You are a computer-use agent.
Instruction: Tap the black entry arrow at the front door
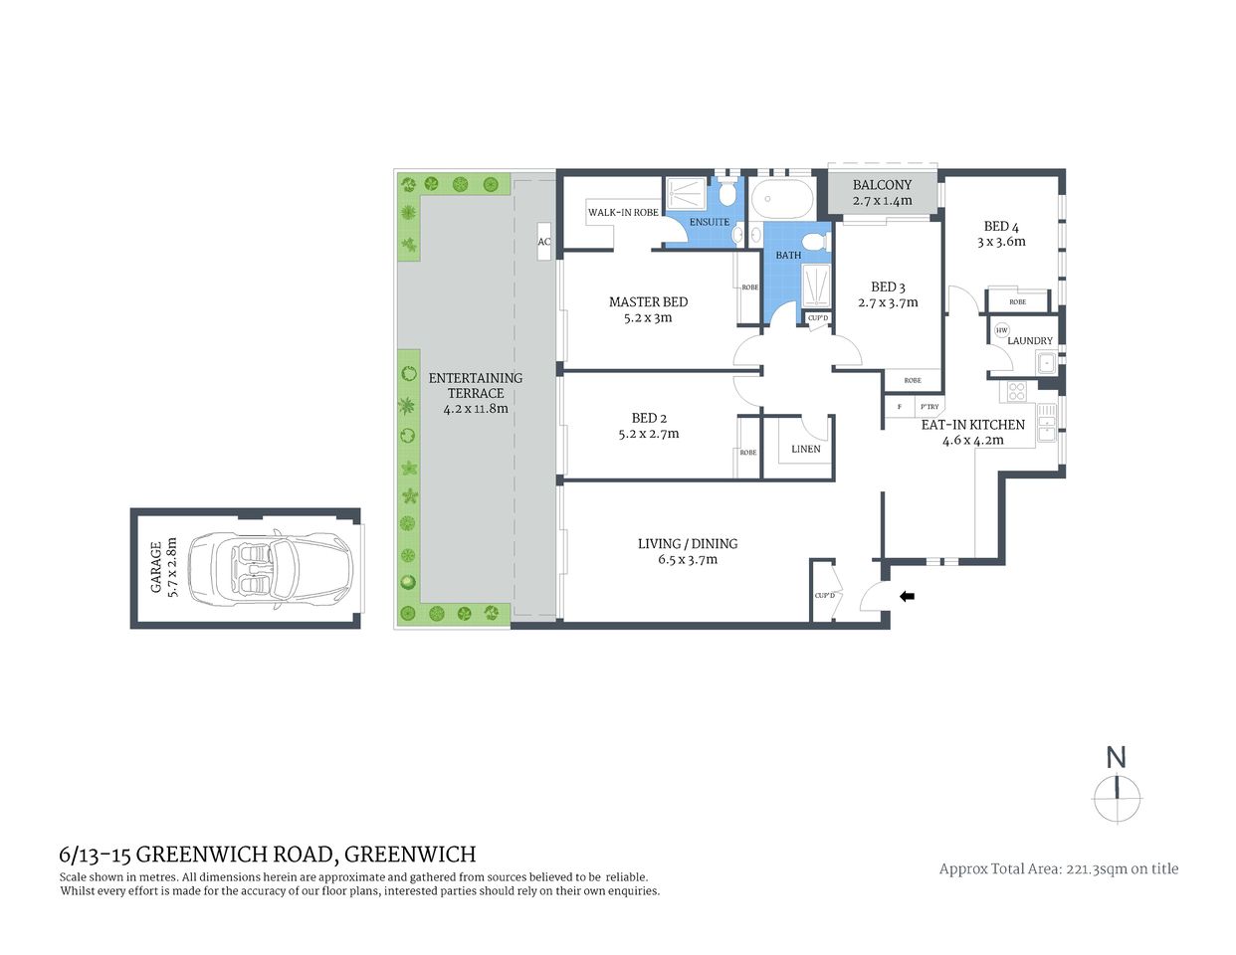click(907, 596)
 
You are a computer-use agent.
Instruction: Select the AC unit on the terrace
click(544, 242)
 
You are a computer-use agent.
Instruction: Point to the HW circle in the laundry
click(1001, 330)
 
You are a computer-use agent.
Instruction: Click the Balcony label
click(882, 185)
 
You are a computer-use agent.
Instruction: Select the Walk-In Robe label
click(623, 212)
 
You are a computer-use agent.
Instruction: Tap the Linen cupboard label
click(805, 449)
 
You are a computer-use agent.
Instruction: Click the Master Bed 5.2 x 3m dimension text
click(648, 318)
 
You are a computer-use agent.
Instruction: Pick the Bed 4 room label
click(1000, 226)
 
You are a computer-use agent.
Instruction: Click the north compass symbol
click(1117, 788)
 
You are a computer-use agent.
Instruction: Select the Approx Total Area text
click(1058, 868)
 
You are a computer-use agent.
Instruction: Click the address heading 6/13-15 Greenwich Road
click(268, 854)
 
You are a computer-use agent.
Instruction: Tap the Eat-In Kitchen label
click(972, 424)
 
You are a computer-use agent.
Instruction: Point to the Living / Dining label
click(688, 543)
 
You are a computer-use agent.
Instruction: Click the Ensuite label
click(709, 222)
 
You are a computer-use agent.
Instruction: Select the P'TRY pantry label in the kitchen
click(928, 407)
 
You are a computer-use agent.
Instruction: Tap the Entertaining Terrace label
click(475, 385)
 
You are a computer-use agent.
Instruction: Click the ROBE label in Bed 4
click(1017, 301)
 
